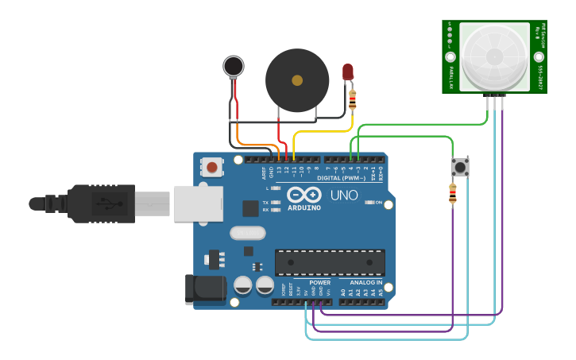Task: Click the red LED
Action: [x=348, y=72]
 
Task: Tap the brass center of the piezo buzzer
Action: [x=297, y=80]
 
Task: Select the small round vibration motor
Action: [x=234, y=66]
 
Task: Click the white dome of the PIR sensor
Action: [x=493, y=56]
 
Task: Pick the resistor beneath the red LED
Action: [x=353, y=99]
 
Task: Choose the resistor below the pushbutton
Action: [x=453, y=194]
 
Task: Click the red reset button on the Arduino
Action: [x=212, y=167]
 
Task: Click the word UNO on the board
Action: [x=344, y=195]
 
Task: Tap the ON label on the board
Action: [x=379, y=203]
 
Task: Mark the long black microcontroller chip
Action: [x=330, y=262]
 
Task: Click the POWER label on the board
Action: [x=320, y=282]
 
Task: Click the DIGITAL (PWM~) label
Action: [x=342, y=178]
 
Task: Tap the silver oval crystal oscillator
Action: [x=247, y=233]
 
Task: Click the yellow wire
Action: [x=322, y=130]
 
